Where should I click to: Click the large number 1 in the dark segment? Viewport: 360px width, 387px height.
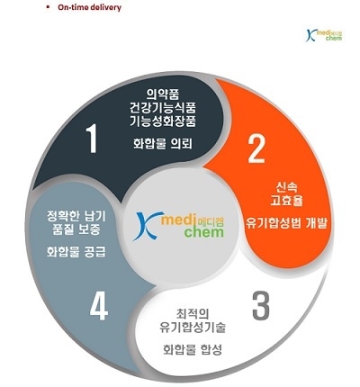pos(92,139)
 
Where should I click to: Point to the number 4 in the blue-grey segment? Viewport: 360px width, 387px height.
pos(99,306)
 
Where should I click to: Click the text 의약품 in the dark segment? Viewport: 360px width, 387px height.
pos(163,94)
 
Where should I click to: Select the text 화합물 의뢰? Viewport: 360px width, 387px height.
pos(163,144)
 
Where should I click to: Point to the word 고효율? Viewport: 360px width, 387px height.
pos(286,201)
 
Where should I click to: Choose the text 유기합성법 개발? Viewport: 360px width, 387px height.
pos(286,223)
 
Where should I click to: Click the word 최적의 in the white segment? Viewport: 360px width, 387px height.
pos(193,314)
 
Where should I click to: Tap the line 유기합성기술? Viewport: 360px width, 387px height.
pos(193,327)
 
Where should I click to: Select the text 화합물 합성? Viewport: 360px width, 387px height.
pos(193,350)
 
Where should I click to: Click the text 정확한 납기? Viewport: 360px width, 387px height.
pos(76,217)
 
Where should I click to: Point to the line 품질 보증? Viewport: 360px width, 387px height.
pos(76,229)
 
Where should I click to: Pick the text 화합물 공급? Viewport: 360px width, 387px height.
pos(76,252)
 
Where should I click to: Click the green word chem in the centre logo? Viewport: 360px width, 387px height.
pos(204,232)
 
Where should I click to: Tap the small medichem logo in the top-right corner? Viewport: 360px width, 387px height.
pos(324,35)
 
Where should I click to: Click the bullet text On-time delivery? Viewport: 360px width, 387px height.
pos(89,8)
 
